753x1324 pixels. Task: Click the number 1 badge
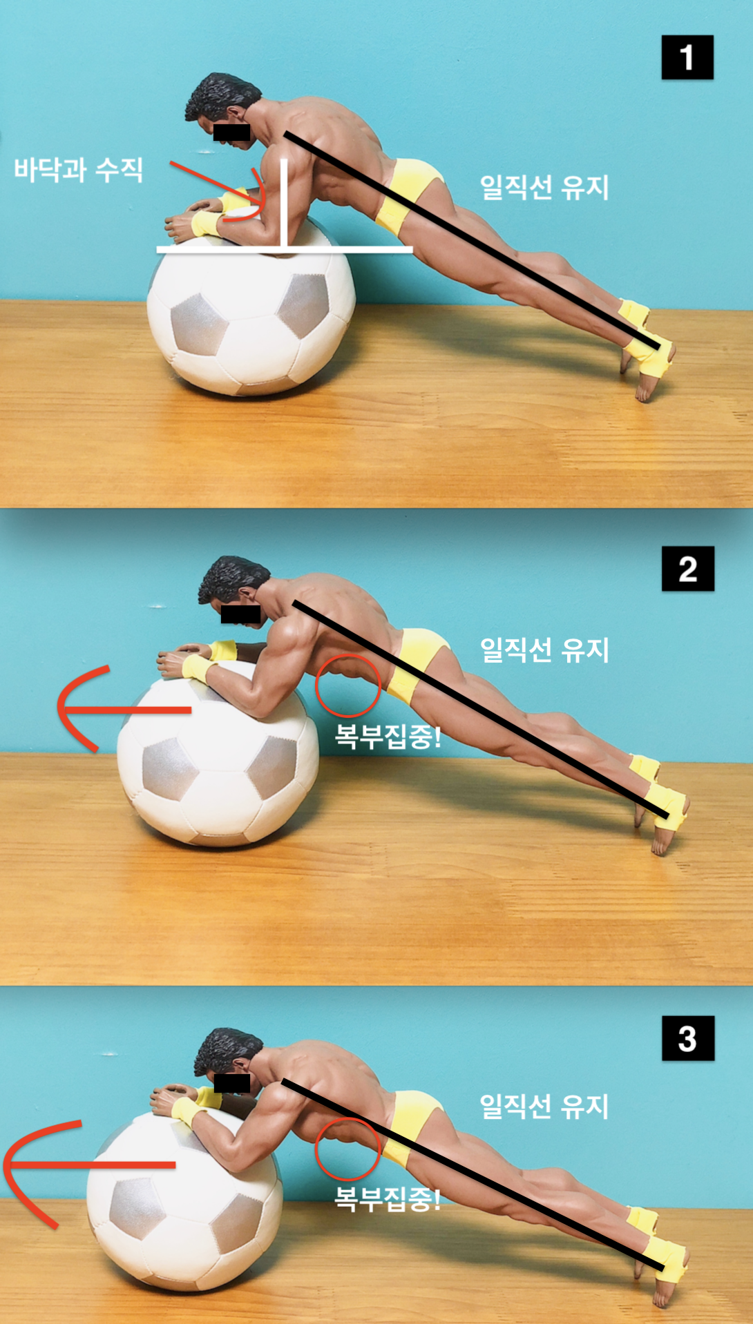(687, 57)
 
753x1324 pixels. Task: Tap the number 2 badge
(688, 568)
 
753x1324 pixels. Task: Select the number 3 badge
(688, 1038)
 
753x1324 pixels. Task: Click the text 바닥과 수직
(79, 170)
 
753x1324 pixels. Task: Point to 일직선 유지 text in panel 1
(544, 187)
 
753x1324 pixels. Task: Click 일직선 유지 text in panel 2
(544, 650)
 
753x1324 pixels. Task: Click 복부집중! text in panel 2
(388, 736)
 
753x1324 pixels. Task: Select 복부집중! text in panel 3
(388, 1198)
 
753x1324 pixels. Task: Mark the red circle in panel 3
(316, 1149)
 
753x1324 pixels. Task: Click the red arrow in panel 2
(124, 710)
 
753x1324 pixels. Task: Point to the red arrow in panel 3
(90, 1165)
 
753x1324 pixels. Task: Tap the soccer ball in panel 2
(218, 756)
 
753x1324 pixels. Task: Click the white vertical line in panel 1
(284, 203)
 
